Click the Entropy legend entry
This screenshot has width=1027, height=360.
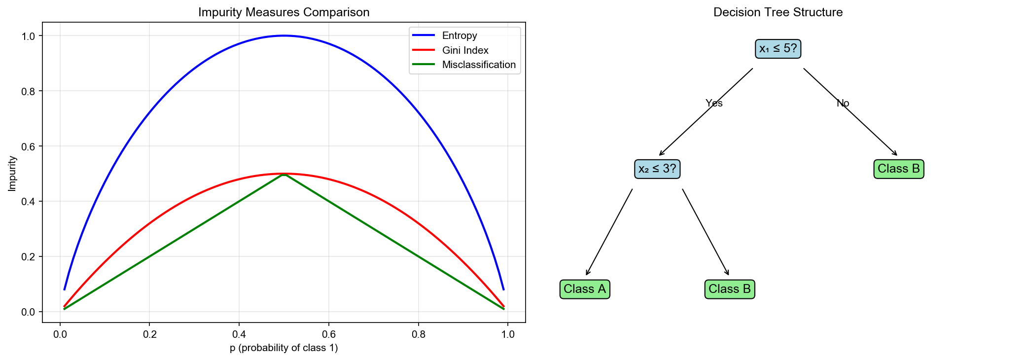[x=459, y=36]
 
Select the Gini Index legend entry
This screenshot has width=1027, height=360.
[x=465, y=50]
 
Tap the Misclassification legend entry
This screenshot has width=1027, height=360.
[x=478, y=65]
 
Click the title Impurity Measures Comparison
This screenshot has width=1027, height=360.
[x=283, y=12]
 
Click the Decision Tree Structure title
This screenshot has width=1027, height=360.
[x=778, y=12]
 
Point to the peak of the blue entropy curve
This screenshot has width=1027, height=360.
[x=284, y=36]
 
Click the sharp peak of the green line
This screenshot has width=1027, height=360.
[x=284, y=174]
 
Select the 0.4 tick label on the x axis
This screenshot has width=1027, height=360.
[x=239, y=334]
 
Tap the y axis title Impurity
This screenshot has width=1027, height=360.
[x=12, y=174]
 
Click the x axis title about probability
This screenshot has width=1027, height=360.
[x=283, y=348]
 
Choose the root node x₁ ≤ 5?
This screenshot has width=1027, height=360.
[x=778, y=49]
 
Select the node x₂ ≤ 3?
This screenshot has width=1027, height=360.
[x=657, y=169]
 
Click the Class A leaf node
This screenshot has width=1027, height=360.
[x=584, y=289]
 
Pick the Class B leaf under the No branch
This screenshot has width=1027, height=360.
[x=898, y=169]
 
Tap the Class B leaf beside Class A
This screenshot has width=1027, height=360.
[x=729, y=289]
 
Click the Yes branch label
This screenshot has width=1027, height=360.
[x=713, y=103]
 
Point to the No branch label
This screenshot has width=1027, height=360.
[x=843, y=103]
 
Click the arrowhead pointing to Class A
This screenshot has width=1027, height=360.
[x=587, y=274]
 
